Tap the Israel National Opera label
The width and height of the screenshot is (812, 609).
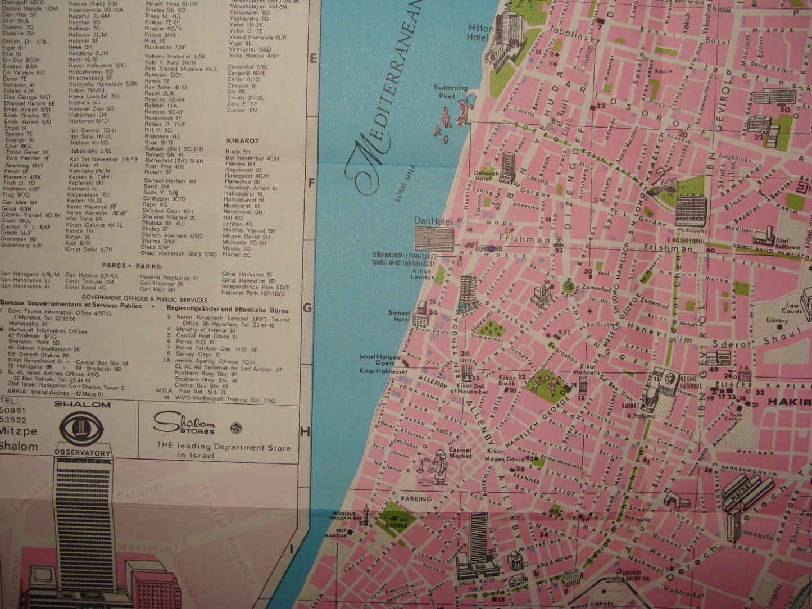coord(380,360)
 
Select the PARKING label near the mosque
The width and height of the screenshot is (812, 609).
coord(416,498)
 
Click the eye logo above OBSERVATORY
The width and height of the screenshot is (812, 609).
coord(83,430)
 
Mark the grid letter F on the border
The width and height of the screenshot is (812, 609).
coord(314,183)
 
